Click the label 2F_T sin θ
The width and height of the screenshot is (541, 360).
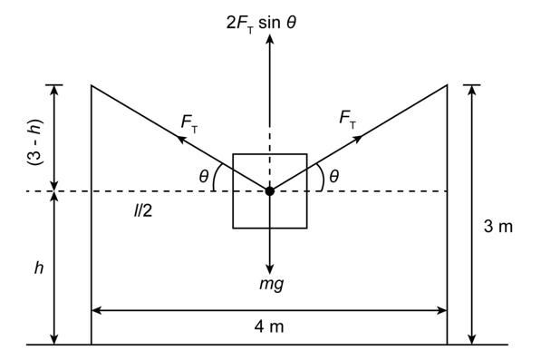[261, 24]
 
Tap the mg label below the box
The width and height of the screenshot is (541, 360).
[272, 284]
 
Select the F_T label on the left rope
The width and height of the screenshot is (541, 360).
[189, 123]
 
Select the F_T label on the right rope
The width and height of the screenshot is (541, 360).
[347, 120]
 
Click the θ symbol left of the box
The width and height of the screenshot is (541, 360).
[204, 177]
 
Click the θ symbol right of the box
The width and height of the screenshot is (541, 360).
[334, 177]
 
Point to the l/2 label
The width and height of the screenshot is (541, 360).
[143, 210]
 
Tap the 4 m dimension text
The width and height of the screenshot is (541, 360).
[269, 326]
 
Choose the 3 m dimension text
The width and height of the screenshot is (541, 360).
[498, 227]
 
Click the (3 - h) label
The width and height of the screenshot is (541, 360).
[35, 142]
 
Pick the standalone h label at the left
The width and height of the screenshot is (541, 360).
[39, 268]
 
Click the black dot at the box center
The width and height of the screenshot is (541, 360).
[270, 190]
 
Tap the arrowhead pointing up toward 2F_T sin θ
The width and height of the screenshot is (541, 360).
[270, 39]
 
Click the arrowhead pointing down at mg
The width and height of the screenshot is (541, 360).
[270, 270]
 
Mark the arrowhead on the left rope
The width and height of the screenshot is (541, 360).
[180, 139]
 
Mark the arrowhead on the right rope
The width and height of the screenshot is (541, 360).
[359, 138]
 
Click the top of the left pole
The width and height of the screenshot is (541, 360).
[92, 85]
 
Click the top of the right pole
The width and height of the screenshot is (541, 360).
[448, 85]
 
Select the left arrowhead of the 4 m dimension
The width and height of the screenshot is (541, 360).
[96, 310]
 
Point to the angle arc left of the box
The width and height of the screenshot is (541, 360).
[216, 177]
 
